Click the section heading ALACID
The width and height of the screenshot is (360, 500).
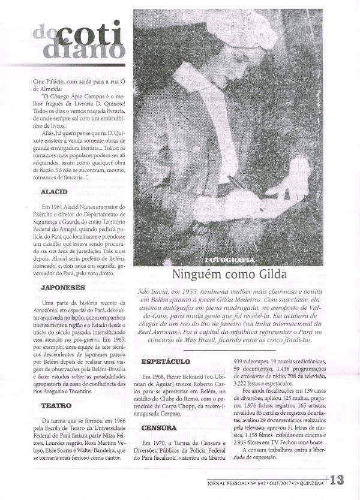[x=55, y=192]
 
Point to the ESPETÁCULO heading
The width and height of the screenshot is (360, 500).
[x=166, y=362]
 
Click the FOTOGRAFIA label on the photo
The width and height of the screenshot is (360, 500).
[x=229, y=260]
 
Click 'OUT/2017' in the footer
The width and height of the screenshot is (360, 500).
[x=277, y=481]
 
